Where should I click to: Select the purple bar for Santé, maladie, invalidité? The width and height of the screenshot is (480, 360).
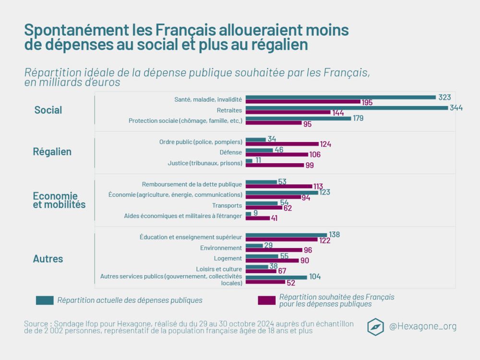coord(302,102)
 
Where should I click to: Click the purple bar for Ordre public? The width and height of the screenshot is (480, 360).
coord(282,144)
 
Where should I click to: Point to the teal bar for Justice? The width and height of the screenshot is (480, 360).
coord(249,160)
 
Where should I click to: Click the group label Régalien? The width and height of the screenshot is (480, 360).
coord(52,152)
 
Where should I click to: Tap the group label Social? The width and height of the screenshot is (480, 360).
coord(48,110)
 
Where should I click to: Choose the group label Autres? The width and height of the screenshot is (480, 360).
coord(48,259)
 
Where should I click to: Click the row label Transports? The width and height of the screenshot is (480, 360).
coord(227,205)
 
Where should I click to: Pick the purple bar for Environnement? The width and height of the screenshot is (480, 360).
coord(274,250)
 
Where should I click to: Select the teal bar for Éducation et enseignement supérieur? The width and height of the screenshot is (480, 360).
coord(286,235)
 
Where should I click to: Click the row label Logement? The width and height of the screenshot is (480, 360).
coord(228,258)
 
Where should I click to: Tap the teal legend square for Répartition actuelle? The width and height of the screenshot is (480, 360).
coord(45,300)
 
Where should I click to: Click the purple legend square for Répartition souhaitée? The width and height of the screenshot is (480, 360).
coord(266,300)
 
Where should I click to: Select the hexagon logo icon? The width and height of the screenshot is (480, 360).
coord(375,326)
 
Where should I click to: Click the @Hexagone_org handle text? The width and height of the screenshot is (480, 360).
coord(422,326)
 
